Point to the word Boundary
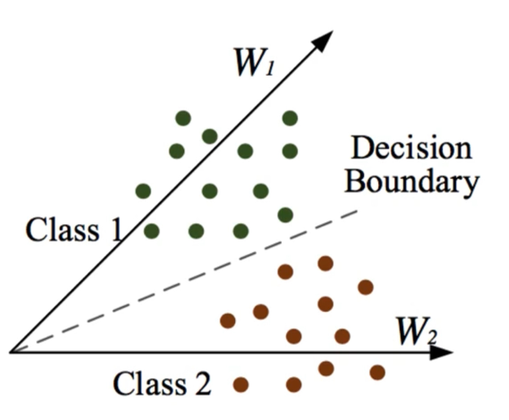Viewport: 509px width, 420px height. [413, 182]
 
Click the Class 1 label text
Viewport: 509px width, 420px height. [74, 230]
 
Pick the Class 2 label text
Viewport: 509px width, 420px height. [162, 384]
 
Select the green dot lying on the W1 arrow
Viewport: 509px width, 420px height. [209, 137]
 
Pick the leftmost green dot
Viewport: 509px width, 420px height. [143, 191]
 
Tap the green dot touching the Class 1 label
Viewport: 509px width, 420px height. [152, 231]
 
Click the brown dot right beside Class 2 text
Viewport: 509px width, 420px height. [241, 384]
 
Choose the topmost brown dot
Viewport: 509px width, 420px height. [325, 263]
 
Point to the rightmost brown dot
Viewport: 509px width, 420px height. [377, 372]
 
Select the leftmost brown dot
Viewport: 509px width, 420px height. [227, 320]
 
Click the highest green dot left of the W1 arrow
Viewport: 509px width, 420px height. [183, 118]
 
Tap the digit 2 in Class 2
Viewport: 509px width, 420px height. [201, 384]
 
